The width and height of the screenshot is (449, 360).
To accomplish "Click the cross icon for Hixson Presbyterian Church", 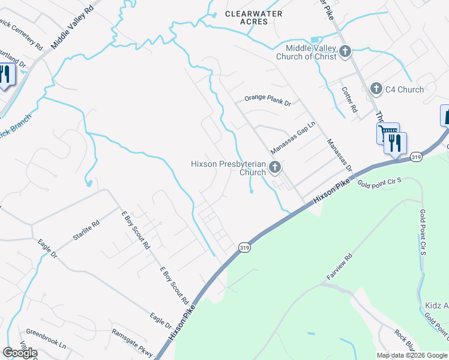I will [x=275, y=167].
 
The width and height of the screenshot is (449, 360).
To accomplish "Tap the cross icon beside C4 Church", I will [x=376, y=89].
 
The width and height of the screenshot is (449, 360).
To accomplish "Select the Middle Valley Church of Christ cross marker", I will [x=345, y=52].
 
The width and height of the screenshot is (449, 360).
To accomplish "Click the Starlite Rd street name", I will [x=86, y=229].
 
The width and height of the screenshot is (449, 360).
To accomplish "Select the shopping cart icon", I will [x=387, y=132].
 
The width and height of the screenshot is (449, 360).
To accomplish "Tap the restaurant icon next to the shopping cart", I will [x=395, y=143].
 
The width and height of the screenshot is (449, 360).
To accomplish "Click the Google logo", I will [x=20, y=353].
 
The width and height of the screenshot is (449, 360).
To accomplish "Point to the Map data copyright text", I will [x=412, y=355].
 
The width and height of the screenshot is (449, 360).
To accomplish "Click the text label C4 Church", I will [x=404, y=89].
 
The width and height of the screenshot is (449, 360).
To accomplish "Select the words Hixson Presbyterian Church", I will [x=228, y=167].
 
